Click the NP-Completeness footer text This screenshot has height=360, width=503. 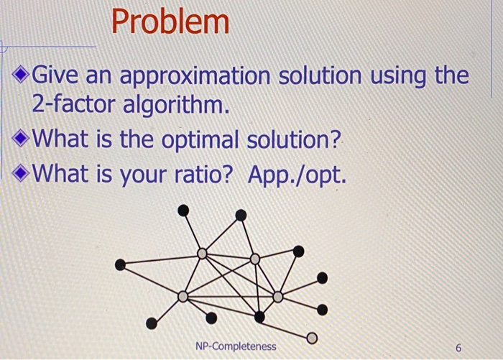tap(235, 346)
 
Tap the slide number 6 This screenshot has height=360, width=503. tap(458, 347)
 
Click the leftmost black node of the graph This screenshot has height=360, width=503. tap(121, 265)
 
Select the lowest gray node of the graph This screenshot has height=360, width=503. tap(311, 337)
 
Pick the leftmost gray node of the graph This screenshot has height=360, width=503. tap(183, 296)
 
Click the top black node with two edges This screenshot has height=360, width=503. tap(241, 215)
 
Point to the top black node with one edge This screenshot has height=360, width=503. tap(184, 210)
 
